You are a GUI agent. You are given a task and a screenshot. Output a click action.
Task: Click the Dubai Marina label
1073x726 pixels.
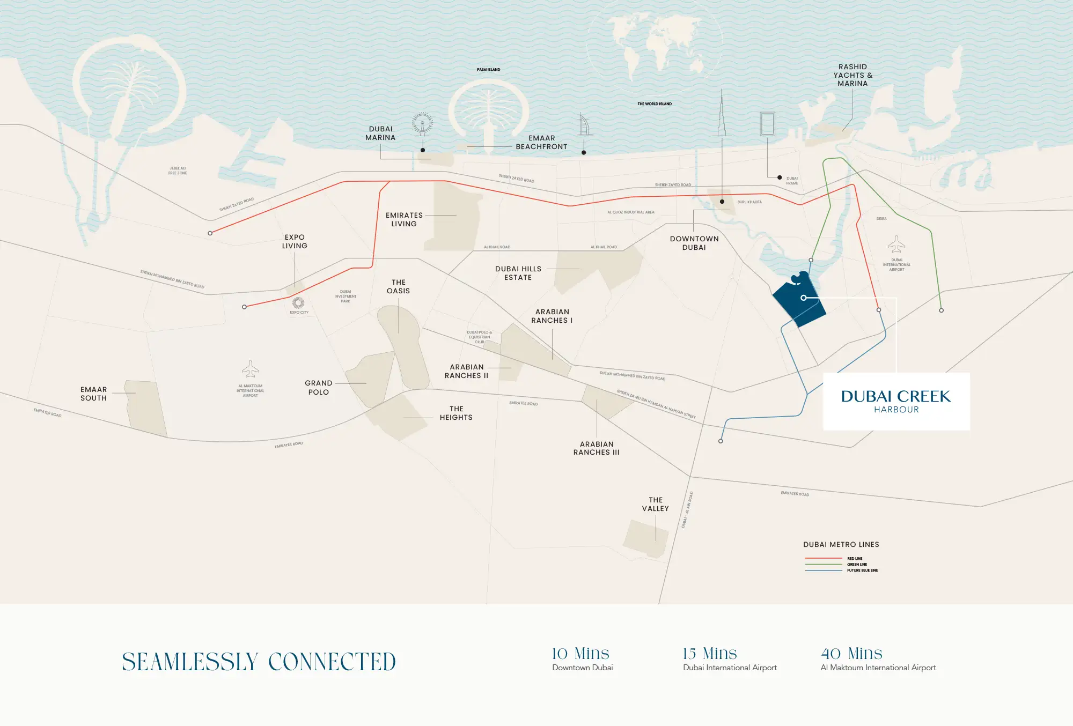[x=380, y=134]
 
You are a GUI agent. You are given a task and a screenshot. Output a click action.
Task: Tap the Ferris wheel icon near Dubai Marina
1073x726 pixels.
[x=422, y=124]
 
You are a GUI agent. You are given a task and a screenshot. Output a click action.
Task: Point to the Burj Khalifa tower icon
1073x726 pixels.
[x=722, y=115]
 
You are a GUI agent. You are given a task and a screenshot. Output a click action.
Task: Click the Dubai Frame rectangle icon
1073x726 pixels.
[x=767, y=124]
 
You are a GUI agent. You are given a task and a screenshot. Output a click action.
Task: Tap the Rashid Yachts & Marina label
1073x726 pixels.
[x=852, y=75]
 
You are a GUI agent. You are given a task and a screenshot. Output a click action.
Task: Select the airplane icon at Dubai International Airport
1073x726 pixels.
[x=896, y=244]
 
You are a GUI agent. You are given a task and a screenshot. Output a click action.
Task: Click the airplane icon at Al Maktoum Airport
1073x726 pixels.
[x=250, y=369]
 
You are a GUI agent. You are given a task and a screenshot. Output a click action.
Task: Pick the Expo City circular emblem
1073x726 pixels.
[x=298, y=303]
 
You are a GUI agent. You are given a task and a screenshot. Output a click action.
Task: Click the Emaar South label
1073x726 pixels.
[x=94, y=394]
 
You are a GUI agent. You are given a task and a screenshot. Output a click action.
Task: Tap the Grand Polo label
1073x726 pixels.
[x=319, y=388]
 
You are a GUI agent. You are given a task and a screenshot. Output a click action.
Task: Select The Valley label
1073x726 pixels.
[x=656, y=504]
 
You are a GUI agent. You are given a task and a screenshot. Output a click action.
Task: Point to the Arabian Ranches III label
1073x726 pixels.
[x=596, y=448]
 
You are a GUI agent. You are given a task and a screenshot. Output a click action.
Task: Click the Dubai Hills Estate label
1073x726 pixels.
[x=518, y=273]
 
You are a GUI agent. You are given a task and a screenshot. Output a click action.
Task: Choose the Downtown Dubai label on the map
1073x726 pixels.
[x=694, y=243]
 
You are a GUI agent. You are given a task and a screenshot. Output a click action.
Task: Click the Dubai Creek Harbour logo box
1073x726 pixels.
[x=896, y=401]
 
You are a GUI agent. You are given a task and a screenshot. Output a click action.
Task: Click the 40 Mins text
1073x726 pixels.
[x=851, y=654]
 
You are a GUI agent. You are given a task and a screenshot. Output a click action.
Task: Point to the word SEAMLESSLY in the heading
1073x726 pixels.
[x=190, y=662]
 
